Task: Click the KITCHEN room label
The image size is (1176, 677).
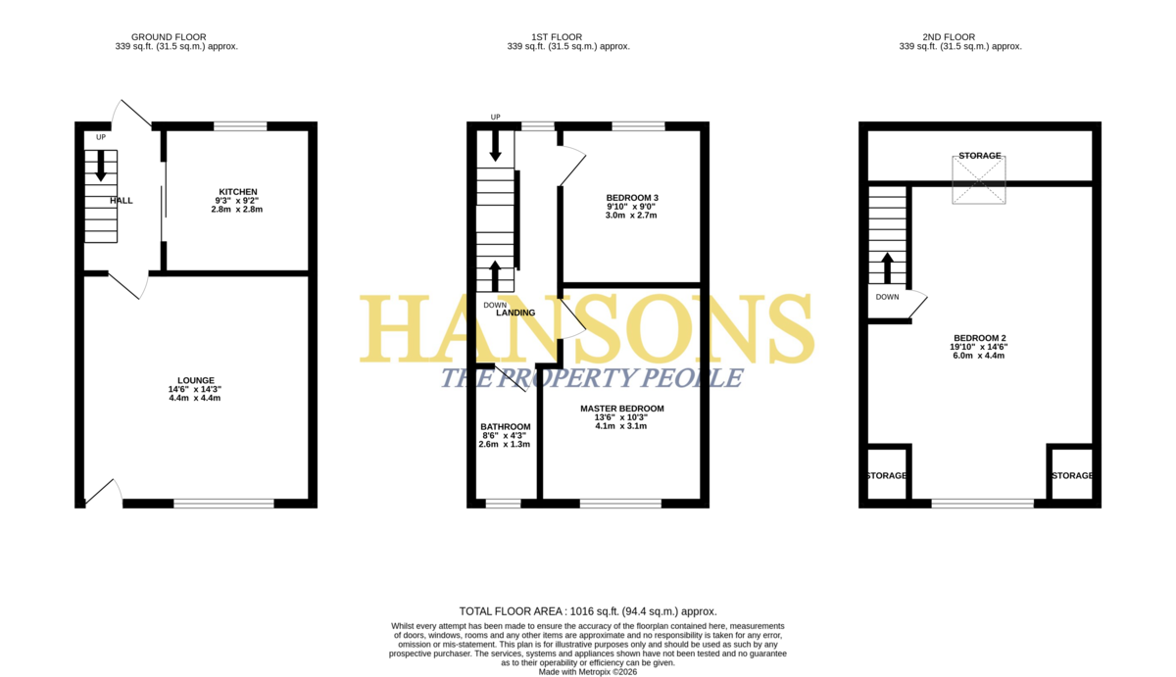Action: pyautogui.click(x=238, y=192)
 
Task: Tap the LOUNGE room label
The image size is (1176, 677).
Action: pyautogui.click(x=196, y=380)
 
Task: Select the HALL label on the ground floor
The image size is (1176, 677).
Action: pyautogui.click(x=122, y=201)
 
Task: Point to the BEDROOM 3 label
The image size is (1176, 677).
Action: pyautogui.click(x=632, y=198)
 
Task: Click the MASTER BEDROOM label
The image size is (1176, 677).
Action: pyautogui.click(x=622, y=409)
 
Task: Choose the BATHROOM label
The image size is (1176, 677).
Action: pyautogui.click(x=506, y=426)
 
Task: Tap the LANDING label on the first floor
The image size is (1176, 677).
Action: pyautogui.click(x=515, y=313)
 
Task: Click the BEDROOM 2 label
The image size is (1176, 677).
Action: pyautogui.click(x=980, y=338)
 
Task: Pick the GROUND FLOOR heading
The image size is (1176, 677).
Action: pyautogui.click(x=169, y=37)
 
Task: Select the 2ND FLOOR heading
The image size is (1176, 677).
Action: pyautogui.click(x=949, y=37)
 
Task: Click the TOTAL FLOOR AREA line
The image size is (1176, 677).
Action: pyautogui.click(x=588, y=611)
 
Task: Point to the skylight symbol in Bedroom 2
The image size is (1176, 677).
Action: pyautogui.click(x=979, y=180)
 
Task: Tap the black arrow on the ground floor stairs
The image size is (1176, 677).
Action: pyautogui.click(x=101, y=166)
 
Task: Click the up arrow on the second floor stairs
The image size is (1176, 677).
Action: pyautogui.click(x=887, y=268)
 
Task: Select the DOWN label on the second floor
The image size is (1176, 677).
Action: pyautogui.click(x=887, y=297)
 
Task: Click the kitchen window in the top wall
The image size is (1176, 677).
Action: pyautogui.click(x=240, y=126)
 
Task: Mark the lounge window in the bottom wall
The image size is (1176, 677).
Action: pyautogui.click(x=224, y=504)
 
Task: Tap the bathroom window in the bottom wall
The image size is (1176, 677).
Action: pyautogui.click(x=503, y=504)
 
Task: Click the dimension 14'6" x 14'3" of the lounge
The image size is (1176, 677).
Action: pyautogui.click(x=195, y=389)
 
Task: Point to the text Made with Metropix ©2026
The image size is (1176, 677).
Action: pyautogui.click(x=587, y=672)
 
